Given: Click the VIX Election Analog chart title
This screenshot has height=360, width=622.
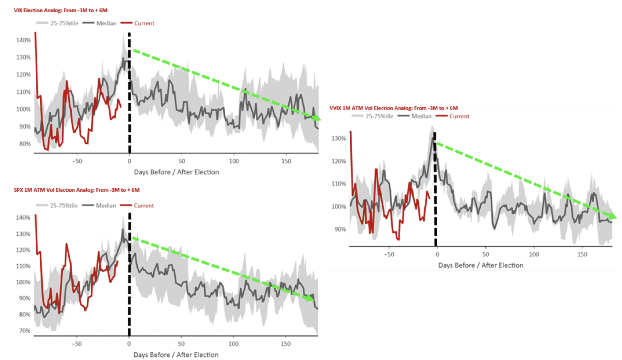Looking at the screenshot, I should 61,10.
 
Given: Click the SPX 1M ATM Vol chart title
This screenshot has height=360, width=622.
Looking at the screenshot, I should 77,190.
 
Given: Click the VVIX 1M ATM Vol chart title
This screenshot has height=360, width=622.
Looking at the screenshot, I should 393,108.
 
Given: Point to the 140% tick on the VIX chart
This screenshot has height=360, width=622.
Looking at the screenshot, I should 23,40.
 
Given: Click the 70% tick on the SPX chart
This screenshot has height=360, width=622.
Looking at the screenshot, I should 25,331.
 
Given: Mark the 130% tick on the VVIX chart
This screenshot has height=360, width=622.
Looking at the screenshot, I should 339,139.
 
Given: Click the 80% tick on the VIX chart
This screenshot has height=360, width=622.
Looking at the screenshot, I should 25,144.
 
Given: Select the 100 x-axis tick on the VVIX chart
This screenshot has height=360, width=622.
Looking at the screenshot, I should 534,254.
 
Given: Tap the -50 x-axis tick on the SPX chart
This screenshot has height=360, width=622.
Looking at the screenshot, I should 77,344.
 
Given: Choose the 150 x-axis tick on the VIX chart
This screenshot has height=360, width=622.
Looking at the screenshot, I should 286,161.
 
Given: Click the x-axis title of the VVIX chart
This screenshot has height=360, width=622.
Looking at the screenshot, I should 481,265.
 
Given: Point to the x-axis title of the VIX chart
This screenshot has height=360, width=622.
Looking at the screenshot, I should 176,172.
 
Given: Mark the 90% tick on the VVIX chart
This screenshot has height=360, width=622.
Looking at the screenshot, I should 340,229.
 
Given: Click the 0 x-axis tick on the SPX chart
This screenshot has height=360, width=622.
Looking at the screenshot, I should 129,344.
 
